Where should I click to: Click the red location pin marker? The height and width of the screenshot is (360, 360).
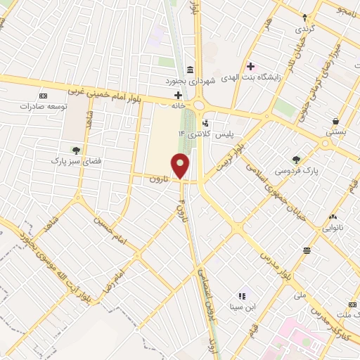tap(181, 167)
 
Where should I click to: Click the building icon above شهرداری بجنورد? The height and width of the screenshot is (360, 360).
tap(191, 69)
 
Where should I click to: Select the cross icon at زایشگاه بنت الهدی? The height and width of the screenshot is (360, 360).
tap(251, 67)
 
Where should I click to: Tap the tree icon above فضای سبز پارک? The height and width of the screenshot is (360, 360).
tap(76, 150)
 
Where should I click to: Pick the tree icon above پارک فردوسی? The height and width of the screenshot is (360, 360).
tap(296, 159)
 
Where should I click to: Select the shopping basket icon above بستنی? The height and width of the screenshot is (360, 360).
tap(335, 120)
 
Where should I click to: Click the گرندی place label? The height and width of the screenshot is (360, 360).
tap(304, 29)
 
